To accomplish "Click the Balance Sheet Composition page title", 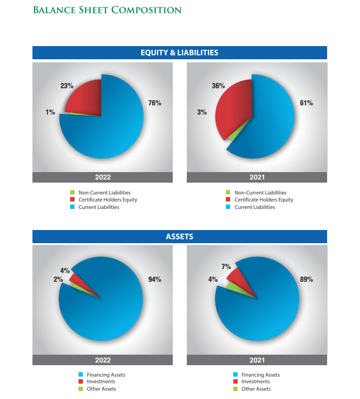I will coord(107,10).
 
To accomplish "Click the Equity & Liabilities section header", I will coord(179,53).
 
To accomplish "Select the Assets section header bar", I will coord(179,237).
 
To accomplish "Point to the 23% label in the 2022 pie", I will coord(67,86).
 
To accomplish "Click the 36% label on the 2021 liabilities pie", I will coord(218,86).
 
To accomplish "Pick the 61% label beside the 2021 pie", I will coord(306,103).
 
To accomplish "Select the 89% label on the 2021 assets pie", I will coord(306,280).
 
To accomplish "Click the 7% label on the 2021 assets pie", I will coord(226,267).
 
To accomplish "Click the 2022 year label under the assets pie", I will coord(103,360).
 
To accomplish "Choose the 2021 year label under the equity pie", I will coord(257,177).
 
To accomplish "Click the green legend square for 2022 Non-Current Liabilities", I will coord(72,192).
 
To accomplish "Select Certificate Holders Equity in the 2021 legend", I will coord(264,200).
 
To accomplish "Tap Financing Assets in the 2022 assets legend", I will coord(106,375).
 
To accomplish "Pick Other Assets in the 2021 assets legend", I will coord(256,389).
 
